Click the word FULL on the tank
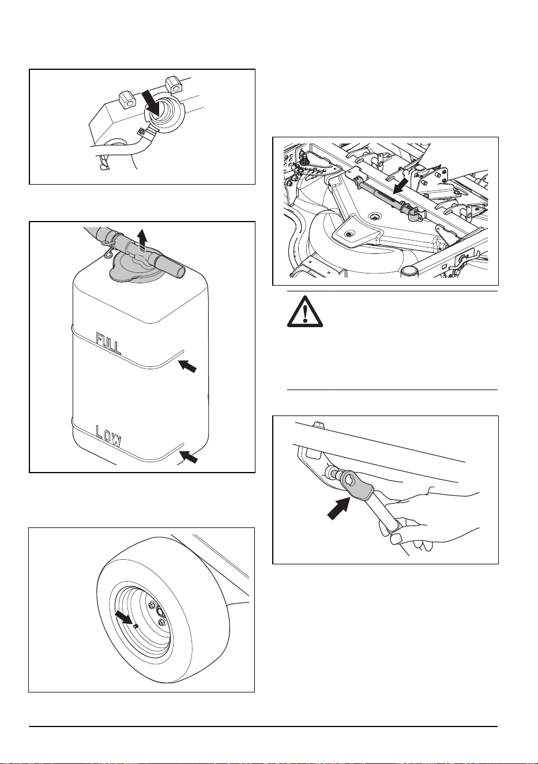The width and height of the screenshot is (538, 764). [x=108, y=343]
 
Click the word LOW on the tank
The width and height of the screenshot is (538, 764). [x=108, y=436]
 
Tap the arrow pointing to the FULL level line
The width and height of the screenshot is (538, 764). [x=188, y=366]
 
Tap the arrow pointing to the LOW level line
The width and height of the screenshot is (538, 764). [x=188, y=456]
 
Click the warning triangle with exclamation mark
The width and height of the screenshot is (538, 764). [x=305, y=312]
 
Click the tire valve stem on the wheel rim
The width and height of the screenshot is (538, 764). [x=136, y=626]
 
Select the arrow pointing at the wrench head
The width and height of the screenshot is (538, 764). [x=338, y=508]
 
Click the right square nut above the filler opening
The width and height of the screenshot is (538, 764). [x=172, y=85]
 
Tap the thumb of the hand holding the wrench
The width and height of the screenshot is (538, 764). [x=397, y=538]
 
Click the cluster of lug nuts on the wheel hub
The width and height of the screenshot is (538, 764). [x=160, y=615]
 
